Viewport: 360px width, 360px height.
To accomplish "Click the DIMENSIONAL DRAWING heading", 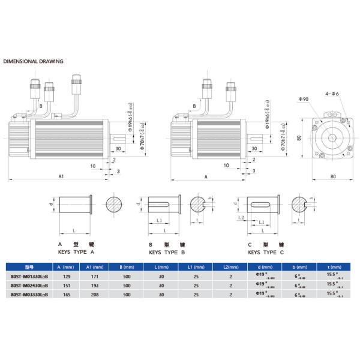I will [x=34, y=61].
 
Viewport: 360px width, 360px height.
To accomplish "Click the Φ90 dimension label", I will [x=304, y=98].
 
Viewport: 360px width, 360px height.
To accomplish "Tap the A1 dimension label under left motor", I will [x=61, y=177].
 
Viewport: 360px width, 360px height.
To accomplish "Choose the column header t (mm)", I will [x=336, y=266].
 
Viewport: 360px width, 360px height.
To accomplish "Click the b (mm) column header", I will [x=296, y=266].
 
